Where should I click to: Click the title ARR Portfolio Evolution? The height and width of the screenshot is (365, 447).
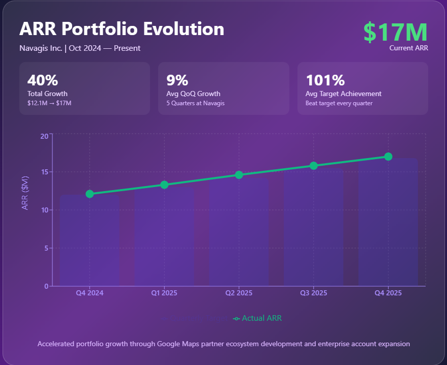(122, 29)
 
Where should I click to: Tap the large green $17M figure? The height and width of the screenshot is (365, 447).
(395, 32)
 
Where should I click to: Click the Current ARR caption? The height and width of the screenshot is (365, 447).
(408, 48)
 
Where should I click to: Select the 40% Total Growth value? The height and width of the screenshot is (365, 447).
(43, 80)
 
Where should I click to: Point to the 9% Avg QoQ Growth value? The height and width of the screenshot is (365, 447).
(177, 80)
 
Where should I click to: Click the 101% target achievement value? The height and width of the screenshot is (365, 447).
(325, 80)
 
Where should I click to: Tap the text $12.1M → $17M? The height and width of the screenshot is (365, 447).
(49, 103)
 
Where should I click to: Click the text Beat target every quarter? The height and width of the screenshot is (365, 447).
(339, 103)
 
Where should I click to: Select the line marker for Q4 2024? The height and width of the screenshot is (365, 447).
(90, 194)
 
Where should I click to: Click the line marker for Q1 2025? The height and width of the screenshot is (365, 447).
(164, 185)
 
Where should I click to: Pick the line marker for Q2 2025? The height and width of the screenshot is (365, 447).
(239, 175)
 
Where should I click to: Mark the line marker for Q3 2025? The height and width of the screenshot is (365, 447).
(314, 166)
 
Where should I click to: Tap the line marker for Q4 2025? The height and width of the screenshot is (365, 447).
(388, 157)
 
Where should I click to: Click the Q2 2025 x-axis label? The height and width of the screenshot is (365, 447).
(239, 293)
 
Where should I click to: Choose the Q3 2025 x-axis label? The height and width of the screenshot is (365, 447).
(314, 293)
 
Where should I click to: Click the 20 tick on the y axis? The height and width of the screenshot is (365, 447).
(44, 136)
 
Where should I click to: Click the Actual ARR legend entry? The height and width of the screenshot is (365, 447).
(257, 318)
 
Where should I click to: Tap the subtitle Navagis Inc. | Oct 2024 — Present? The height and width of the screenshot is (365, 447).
(80, 48)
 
